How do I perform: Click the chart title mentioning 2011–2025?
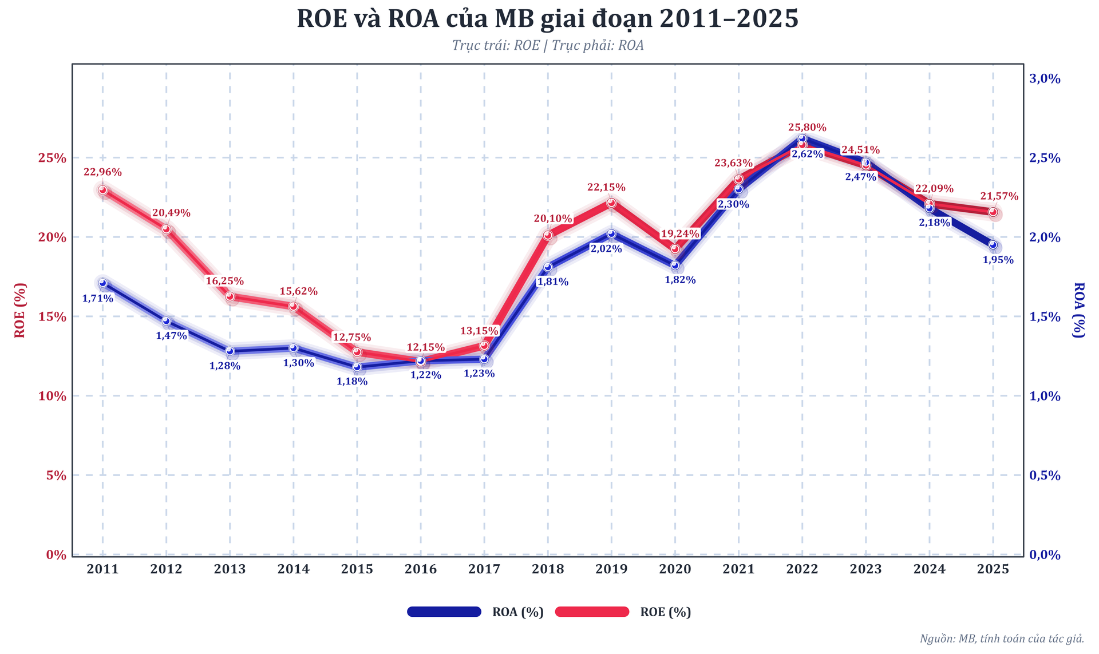coord(547,19)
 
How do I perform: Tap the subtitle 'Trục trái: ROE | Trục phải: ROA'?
coord(547,45)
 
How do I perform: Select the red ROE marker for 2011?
coord(102,190)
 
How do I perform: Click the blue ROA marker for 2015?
coord(357,367)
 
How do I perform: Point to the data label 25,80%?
coord(807,128)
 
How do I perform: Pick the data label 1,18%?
coord(351,381)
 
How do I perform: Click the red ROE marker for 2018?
coord(548,235)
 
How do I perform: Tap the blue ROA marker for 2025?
coord(993,245)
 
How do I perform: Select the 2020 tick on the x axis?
coord(675,569)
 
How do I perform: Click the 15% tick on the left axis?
coord(52,316)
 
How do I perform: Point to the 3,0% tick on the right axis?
coord(1045,79)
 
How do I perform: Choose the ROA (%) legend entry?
coord(517,612)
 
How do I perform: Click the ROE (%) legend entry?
coord(665,612)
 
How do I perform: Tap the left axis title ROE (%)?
coord(20,310)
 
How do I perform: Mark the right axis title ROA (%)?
coord(1078,310)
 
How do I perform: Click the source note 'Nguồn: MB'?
coord(1002,639)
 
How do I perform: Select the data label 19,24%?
coord(680,233)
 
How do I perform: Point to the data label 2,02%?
coord(606,249)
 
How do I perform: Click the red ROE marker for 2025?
coord(993,212)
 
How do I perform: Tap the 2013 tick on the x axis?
coord(230,569)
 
